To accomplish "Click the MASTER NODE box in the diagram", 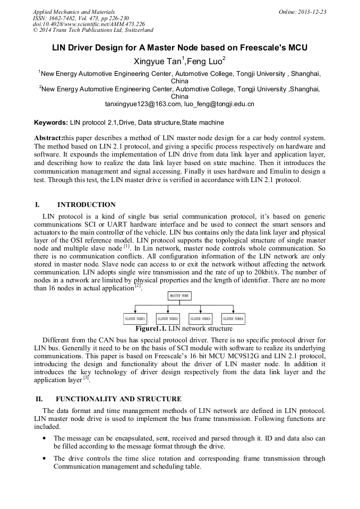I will coord(179,296).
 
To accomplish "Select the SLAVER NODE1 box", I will coord(135,319).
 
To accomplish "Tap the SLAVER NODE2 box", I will coord(168,319).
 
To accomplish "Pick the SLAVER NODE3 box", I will coord(201,319).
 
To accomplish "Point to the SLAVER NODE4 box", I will coord(234,319).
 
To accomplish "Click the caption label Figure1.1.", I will coord(151,329).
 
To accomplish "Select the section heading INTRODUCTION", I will coord(86,205).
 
